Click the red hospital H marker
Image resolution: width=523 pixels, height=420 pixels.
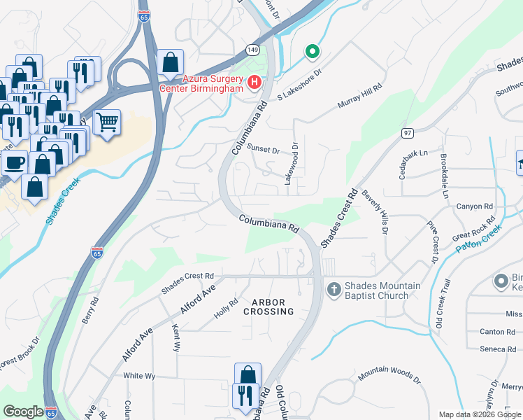pyautogui.click(x=255, y=83)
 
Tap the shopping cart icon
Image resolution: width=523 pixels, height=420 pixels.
pyautogui.click(x=107, y=122)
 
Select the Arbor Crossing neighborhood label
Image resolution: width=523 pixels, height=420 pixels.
pyautogui.click(x=268, y=307)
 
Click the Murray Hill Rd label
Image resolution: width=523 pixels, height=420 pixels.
pyautogui.click(x=363, y=94)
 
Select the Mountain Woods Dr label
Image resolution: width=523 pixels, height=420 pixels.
pyautogui.click(x=389, y=377)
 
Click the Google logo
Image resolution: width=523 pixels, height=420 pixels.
pyautogui.click(x=23, y=412)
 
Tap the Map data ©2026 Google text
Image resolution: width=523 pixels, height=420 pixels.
pyautogui.click(x=479, y=414)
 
